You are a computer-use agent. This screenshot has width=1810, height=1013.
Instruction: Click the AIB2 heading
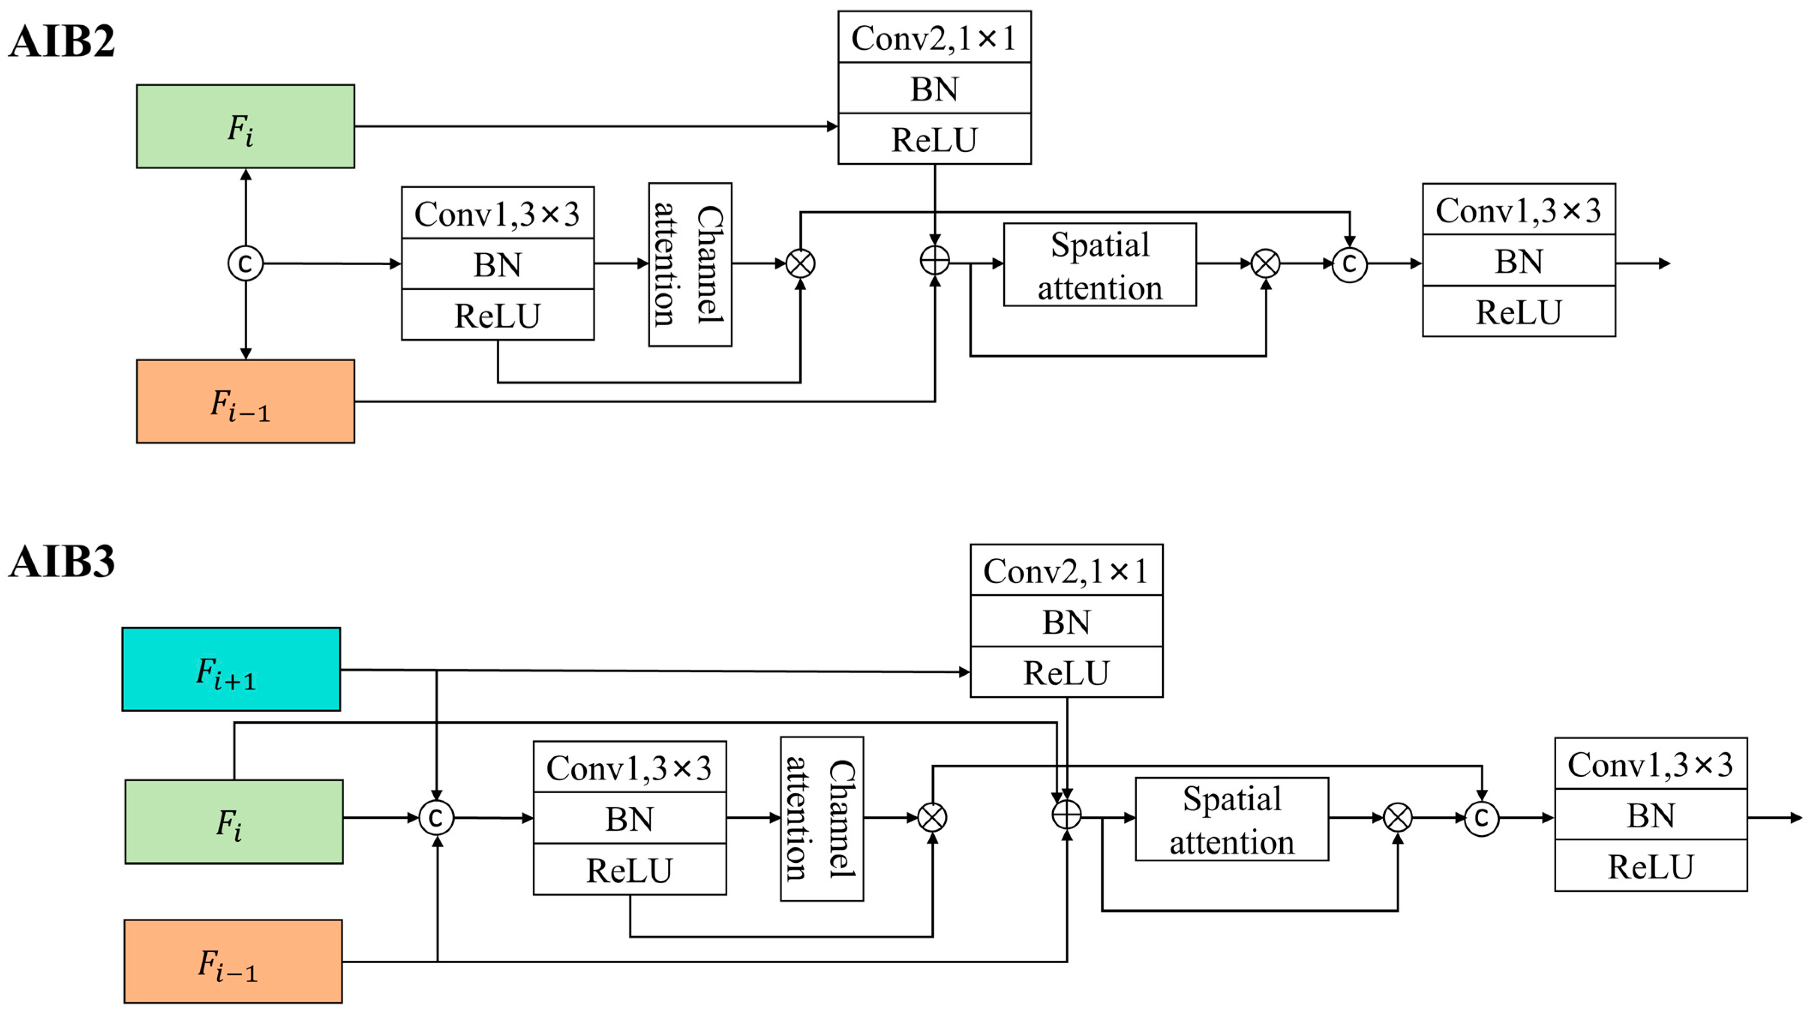point(62,42)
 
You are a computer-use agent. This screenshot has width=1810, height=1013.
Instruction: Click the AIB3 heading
point(62,562)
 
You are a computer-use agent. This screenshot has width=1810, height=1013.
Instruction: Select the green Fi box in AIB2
point(245,126)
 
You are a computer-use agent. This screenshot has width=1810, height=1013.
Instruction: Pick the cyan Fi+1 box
point(231,669)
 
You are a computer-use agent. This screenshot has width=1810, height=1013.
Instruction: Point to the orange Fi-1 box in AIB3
point(233,962)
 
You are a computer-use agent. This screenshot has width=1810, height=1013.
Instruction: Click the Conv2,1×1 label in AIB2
point(934,38)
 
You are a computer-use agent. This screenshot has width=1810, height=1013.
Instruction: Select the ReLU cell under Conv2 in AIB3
point(1066,672)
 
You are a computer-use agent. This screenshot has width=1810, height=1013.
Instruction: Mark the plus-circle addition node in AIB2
point(934,261)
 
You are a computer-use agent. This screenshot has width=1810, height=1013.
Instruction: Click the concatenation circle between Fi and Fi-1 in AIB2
point(245,264)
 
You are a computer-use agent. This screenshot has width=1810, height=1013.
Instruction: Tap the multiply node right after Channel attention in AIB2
point(800,264)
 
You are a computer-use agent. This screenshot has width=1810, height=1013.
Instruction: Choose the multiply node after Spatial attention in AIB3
point(1398,818)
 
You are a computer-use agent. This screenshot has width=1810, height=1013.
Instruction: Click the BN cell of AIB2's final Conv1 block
point(1519,261)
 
